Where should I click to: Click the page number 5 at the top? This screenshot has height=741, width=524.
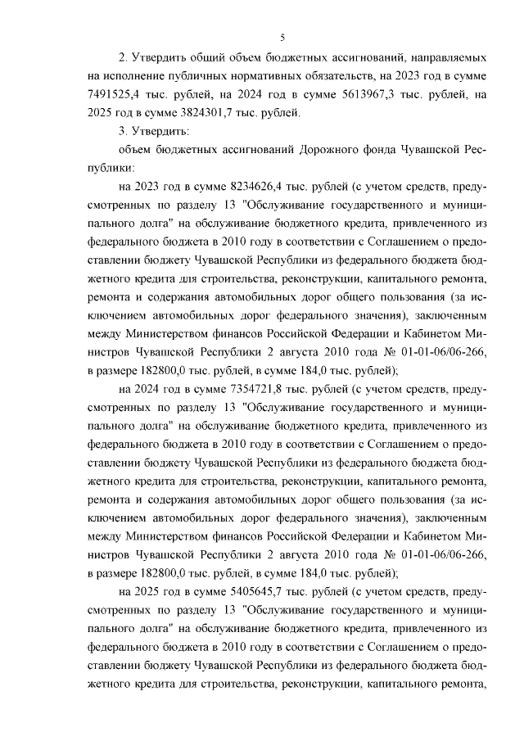click(x=282, y=38)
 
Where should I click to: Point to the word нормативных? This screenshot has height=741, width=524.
click(x=254, y=77)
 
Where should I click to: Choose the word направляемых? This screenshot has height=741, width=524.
click(x=448, y=59)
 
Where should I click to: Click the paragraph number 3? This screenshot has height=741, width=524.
click(x=123, y=131)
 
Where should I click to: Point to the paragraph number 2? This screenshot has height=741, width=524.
click(x=123, y=59)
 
